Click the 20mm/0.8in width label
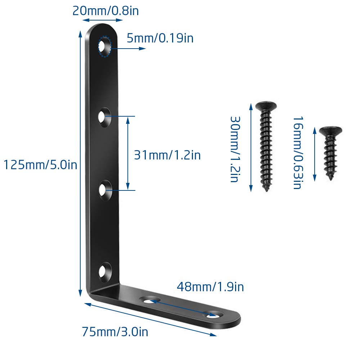pyautogui.click(x=105, y=11)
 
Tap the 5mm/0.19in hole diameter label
pyautogui.click(x=160, y=38)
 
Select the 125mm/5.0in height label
pyautogui.click(x=40, y=165)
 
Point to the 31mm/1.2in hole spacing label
pyautogui.click(x=167, y=155)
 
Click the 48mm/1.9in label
pyautogui.click(x=210, y=287)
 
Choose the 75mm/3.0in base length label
pyautogui.click(x=115, y=332)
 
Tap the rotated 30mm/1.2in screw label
pyautogui.click(x=235, y=149)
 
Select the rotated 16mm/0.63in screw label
pyautogui.click(x=298, y=153)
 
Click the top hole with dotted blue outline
pyautogui.click(x=105, y=46)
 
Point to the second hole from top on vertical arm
pyautogui.click(x=104, y=117)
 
